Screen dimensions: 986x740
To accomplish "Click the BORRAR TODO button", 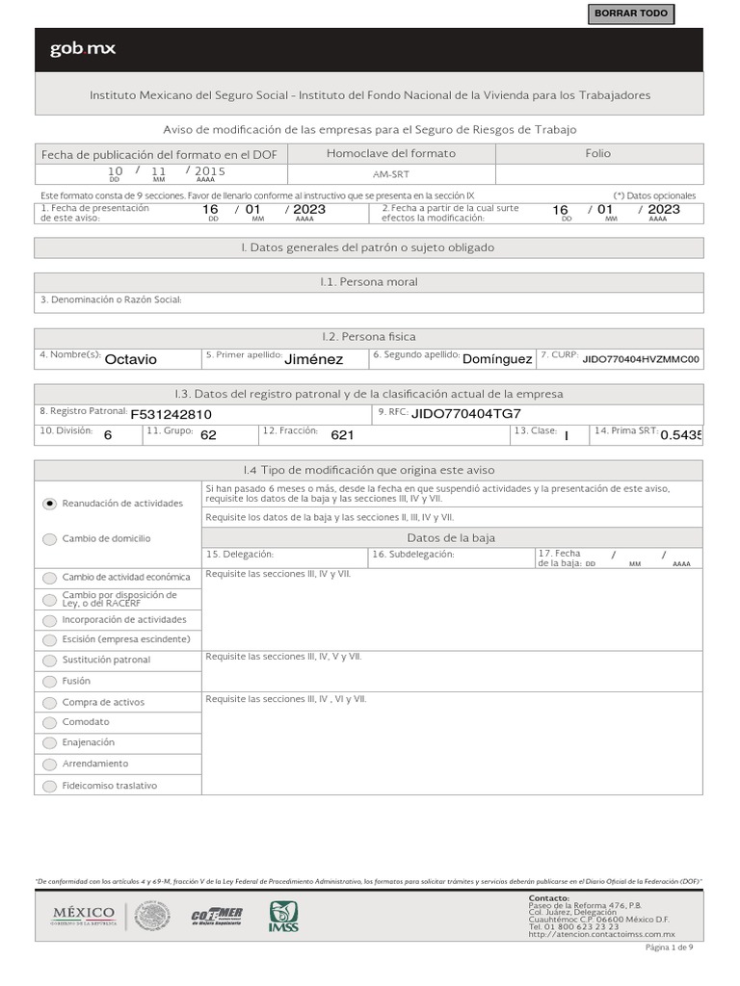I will [630, 14].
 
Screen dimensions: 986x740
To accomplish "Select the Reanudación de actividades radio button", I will [50, 503].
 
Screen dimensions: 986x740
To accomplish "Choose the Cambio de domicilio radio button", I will [50, 539].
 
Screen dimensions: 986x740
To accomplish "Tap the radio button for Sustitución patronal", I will [50, 661].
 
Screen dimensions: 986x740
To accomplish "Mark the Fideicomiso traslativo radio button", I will [50, 786].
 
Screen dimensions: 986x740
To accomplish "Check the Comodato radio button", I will [50, 722].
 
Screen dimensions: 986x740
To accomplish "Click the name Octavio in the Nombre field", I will [130, 359].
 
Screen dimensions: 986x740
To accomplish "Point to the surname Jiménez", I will [313, 359].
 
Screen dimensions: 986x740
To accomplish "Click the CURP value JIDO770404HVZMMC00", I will [641, 358].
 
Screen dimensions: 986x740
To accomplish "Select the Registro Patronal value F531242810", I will [171, 414].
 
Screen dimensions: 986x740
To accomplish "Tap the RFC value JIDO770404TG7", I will [465, 413].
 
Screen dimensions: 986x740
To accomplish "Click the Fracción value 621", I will [342, 435].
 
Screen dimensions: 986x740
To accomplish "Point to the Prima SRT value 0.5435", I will [681, 435].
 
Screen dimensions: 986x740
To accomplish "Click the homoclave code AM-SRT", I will [390, 175].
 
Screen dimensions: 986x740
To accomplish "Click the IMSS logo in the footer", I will [283, 916].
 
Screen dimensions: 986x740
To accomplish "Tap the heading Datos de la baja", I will [451, 537].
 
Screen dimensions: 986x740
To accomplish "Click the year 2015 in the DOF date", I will [210, 170].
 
